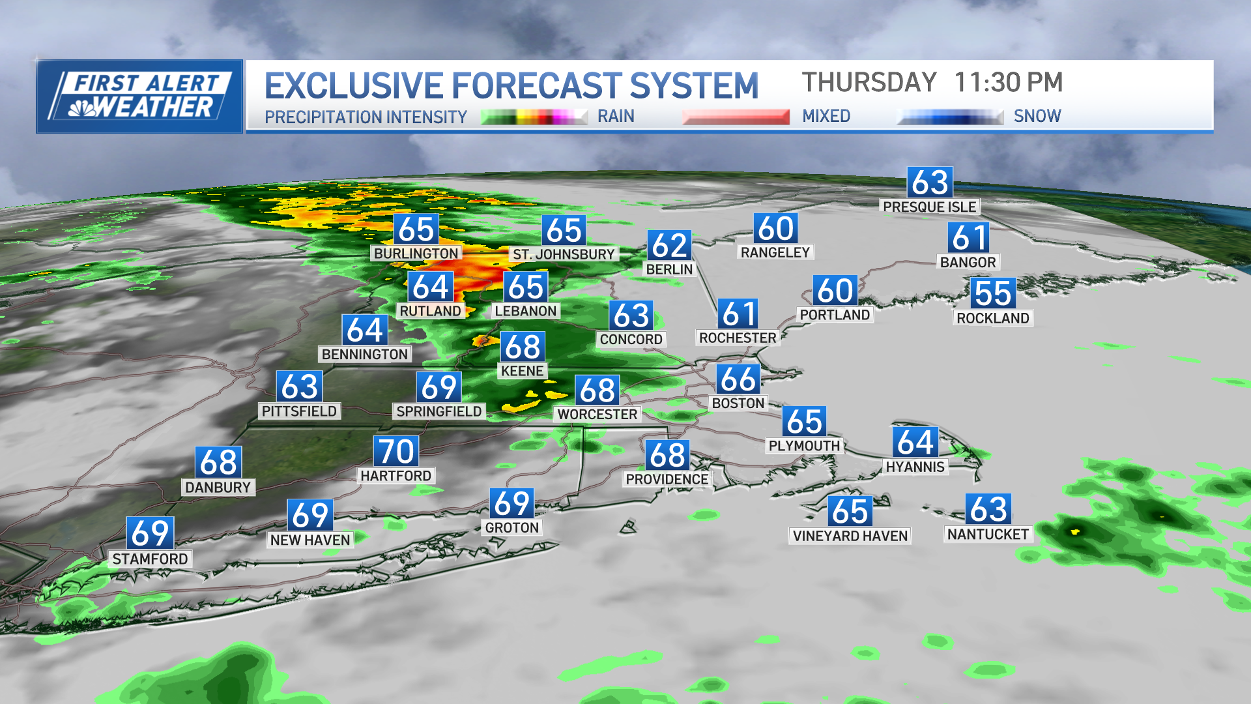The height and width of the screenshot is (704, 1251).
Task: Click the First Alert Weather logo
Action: pos(139,96)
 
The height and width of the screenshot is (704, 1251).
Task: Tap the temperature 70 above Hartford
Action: pos(396,451)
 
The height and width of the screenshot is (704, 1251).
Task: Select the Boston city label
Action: pos(738,403)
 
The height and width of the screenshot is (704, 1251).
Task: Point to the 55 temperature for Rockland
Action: pos(993,293)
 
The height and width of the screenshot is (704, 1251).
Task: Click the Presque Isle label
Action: pos(929,207)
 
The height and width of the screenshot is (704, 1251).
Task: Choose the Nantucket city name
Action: pos(988,535)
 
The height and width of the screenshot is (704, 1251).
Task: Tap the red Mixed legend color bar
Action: pos(736,117)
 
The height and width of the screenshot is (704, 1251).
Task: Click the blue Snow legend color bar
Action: pos(950,117)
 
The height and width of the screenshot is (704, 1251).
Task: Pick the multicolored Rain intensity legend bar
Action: pos(534,117)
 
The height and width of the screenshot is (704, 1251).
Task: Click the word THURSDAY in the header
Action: pos(869,83)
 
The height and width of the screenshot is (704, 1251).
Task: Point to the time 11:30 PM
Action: pos(1008,83)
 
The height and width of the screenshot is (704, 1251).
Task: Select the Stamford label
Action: pos(150,559)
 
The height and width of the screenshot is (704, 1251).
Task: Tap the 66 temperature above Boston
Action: pos(738,379)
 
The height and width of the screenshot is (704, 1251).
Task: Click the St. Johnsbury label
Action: pos(564,254)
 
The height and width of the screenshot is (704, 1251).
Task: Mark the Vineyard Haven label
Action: pos(850,536)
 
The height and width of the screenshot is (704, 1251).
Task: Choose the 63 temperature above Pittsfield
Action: pos(300,387)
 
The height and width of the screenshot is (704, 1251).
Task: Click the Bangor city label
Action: pos(968,262)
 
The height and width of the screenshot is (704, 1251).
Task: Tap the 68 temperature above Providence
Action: pos(667,455)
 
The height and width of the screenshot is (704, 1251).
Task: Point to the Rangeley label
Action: pos(775,252)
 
